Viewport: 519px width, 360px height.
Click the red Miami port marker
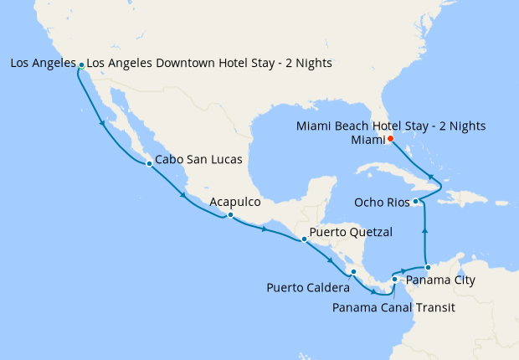click(390, 140)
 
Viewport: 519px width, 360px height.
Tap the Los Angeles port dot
click(81, 64)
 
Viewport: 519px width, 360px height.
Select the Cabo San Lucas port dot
click(148, 164)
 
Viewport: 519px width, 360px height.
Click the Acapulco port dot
click(229, 215)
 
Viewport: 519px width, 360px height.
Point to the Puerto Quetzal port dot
click(304, 239)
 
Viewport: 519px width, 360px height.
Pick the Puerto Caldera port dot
click(353, 271)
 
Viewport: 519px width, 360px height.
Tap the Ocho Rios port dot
click(416, 202)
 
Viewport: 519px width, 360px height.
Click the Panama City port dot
click(428, 267)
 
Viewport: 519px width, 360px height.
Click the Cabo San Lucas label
click(199, 159)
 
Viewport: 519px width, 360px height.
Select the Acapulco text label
click(235, 203)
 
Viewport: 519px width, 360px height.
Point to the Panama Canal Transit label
click(393, 307)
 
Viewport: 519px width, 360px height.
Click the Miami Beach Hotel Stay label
click(391, 126)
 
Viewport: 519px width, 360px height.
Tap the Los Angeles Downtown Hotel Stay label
click(209, 63)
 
